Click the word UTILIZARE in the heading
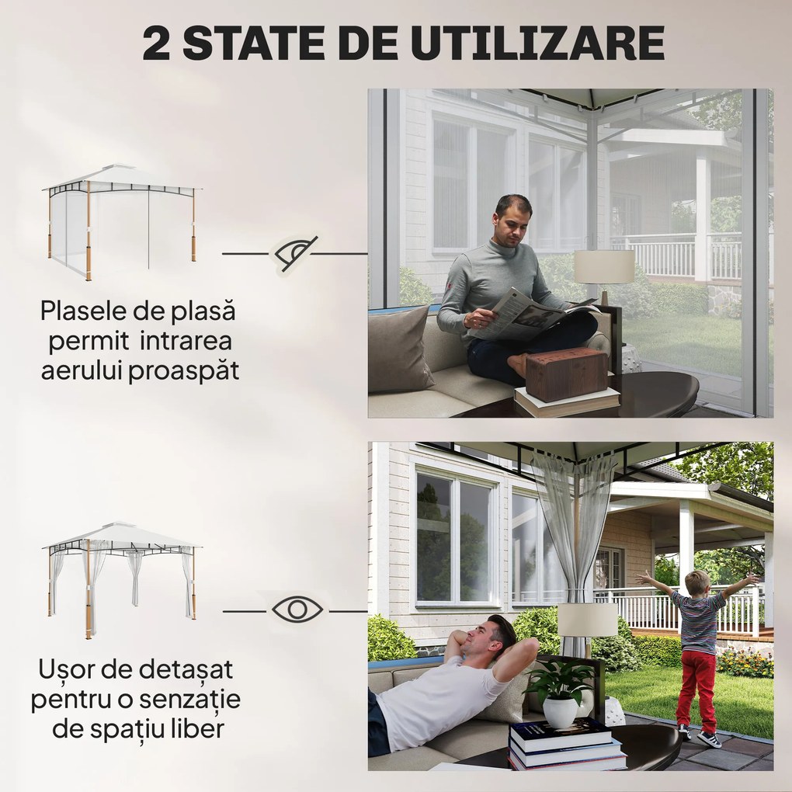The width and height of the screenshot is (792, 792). point(538,43)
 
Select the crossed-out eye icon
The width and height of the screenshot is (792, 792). point(295,253)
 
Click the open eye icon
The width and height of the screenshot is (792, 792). point(296,610)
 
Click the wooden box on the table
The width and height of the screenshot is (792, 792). point(567,373)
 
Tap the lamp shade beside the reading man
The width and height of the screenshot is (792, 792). point(603,266)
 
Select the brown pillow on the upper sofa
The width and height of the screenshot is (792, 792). point(399,349)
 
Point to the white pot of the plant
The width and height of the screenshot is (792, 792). point(561,711)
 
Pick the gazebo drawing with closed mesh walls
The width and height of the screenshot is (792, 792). point(122,221)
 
